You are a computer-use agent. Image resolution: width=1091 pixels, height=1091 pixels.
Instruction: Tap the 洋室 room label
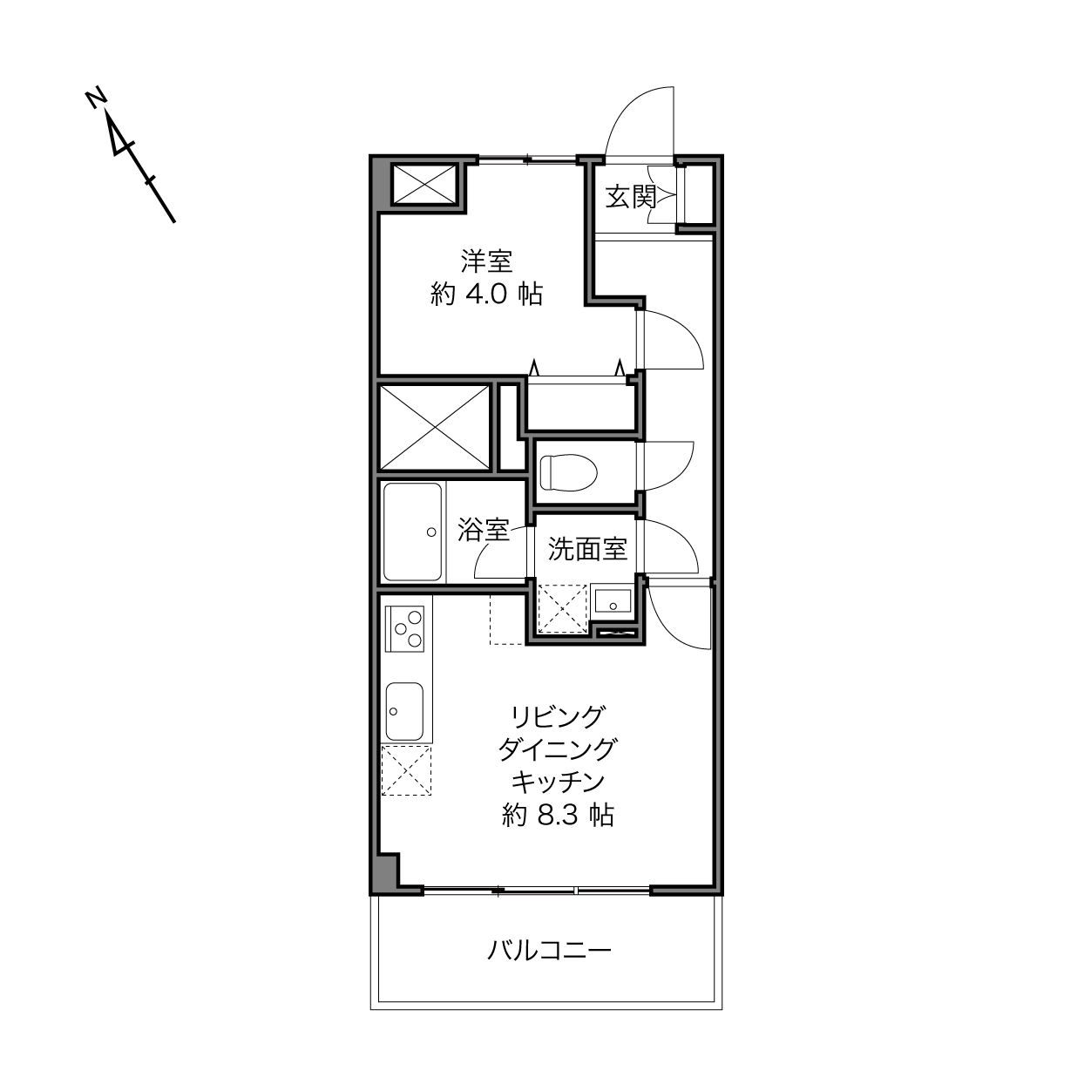click(486, 261)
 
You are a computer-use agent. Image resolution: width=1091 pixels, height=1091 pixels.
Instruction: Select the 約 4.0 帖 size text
click(486, 295)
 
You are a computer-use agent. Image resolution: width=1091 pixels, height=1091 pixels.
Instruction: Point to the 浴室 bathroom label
click(483, 529)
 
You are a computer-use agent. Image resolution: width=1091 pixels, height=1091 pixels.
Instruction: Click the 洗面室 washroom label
click(587, 549)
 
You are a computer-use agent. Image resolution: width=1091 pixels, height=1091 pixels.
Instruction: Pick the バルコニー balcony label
click(549, 950)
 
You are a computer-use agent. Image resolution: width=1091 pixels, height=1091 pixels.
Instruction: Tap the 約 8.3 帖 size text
click(558, 816)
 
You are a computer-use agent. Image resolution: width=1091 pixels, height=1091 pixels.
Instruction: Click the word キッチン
click(558, 782)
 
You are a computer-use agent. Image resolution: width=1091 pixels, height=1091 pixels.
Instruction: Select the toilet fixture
click(568, 471)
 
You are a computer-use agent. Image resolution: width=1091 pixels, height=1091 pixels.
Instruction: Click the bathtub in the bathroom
click(412, 532)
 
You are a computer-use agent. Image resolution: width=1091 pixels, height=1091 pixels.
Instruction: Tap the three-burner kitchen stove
click(405, 628)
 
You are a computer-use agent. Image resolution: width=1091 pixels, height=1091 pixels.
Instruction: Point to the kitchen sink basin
click(404, 712)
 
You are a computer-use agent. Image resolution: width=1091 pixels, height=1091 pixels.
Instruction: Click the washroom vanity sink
click(613, 600)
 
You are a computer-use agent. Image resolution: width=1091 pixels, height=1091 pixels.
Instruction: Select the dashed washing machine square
click(562, 608)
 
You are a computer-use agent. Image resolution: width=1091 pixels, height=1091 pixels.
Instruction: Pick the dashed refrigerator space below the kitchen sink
click(406, 770)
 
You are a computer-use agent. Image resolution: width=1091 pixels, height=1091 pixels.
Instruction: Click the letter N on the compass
click(98, 98)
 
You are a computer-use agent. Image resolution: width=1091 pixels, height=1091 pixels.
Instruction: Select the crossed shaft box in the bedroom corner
click(424, 185)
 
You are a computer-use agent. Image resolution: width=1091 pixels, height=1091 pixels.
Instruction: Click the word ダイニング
click(558, 749)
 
